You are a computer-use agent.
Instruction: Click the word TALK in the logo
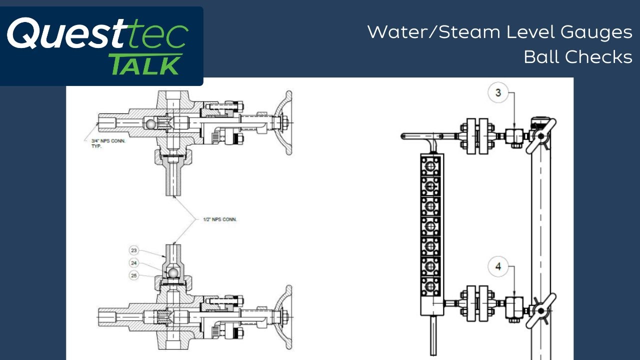point(145,65)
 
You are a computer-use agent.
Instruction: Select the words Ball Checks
point(578,56)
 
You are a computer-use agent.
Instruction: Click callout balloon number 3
point(498,92)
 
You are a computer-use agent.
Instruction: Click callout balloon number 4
point(498,266)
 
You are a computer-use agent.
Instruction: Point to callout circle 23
point(133,250)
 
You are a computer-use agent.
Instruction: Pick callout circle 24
point(133,263)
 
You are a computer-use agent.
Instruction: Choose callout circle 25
point(133,275)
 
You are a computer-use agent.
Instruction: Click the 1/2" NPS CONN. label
point(220,219)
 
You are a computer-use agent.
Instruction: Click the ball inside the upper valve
point(150,124)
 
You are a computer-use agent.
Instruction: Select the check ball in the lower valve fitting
point(172,273)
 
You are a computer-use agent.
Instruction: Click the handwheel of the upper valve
point(283,123)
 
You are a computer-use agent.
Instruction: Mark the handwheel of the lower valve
point(283,317)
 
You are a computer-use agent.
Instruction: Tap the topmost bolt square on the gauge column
point(430,166)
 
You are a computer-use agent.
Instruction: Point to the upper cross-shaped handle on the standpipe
point(541,136)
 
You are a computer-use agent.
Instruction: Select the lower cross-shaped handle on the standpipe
point(541,310)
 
